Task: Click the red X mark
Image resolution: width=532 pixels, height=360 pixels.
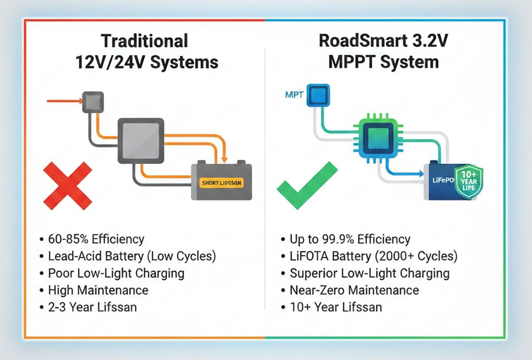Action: [x=67, y=186]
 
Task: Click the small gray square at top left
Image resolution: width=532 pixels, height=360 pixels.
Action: [x=93, y=102]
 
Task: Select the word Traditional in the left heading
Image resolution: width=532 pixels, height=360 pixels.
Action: [x=145, y=41]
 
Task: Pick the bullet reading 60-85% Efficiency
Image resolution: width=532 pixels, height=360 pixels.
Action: [x=96, y=239]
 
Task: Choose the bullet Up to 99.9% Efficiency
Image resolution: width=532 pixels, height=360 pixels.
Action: [x=349, y=239]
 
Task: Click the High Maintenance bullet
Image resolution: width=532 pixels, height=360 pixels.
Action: [x=98, y=290]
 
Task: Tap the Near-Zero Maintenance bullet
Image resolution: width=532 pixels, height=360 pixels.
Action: [x=354, y=290]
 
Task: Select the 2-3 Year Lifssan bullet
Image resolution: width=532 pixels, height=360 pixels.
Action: [x=92, y=307]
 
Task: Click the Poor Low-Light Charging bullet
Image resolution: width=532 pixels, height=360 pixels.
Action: [x=116, y=273]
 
